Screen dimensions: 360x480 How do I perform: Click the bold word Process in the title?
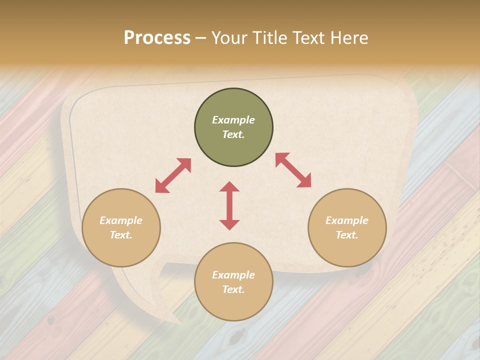coord(157,38)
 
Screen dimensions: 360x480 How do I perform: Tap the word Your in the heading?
coord(230,38)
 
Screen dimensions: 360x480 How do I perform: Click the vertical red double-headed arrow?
coord(229,205)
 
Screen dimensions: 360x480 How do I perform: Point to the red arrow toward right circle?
coord(293,170)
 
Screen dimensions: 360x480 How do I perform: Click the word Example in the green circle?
coord(233,120)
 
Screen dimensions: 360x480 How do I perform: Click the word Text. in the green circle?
coord(233,134)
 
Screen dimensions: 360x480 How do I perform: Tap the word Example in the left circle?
coord(121,220)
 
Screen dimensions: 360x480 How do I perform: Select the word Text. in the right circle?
coord(347,235)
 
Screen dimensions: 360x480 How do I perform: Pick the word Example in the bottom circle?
coord(233,275)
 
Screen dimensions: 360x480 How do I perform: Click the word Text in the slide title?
coord(309,38)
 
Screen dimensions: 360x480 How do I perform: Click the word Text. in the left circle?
coord(121,235)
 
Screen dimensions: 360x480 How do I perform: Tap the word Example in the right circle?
coord(347,220)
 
